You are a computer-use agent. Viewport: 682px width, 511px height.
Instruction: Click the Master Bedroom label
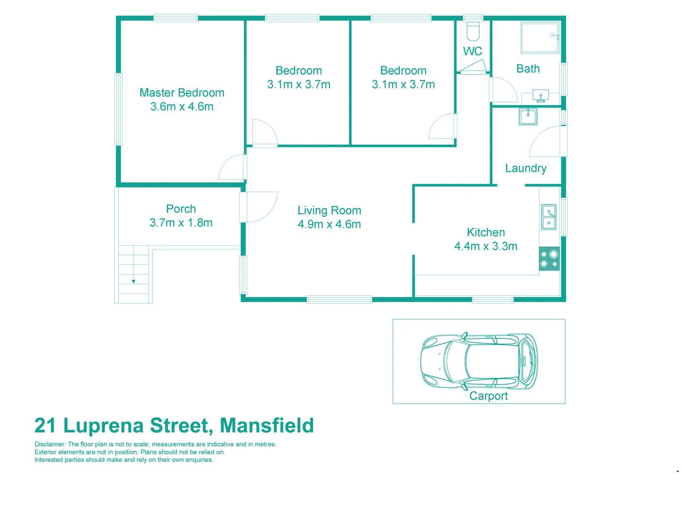click(182, 93)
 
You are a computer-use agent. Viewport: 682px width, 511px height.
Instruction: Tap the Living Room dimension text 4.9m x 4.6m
click(329, 224)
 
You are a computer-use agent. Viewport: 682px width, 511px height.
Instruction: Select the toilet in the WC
click(473, 31)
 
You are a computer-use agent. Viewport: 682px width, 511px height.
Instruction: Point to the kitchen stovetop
click(549, 259)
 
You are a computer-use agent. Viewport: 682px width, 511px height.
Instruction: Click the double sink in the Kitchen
click(549, 217)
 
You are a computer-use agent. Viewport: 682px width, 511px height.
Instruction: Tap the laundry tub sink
click(528, 116)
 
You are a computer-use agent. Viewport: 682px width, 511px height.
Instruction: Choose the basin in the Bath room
click(540, 96)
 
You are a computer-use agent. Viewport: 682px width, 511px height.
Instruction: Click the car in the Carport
click(479, 361)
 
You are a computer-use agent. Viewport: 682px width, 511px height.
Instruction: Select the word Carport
click(488, 396)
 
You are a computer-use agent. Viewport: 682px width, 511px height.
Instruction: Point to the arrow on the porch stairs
click(134, 281)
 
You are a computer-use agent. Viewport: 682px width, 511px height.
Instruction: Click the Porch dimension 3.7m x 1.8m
click(181, 223)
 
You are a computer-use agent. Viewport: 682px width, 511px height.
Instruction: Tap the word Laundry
click(526, 168)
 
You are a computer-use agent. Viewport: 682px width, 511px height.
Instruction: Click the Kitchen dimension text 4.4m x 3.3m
click(485, 246)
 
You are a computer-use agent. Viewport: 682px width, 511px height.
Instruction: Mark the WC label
click(473, 52)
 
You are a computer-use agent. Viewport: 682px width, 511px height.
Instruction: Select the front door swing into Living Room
click(260, 206)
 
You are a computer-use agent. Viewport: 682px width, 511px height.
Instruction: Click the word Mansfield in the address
click(267, 425)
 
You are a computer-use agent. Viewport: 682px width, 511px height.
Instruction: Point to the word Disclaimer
click(50, 444)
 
